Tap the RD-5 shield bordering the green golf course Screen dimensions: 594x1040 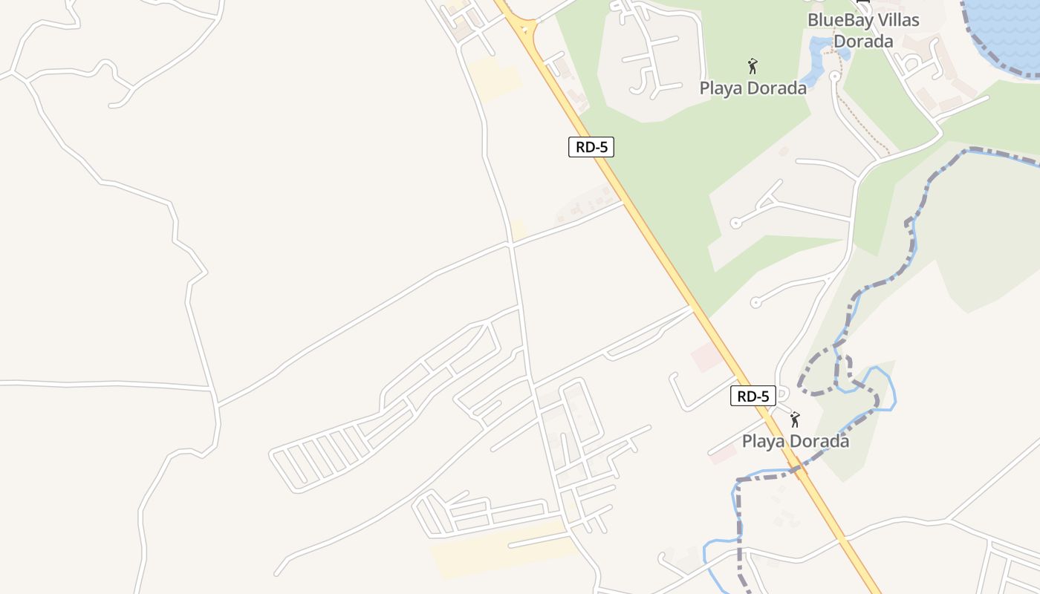(591, 147)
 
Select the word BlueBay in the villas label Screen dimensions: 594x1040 (841, 20)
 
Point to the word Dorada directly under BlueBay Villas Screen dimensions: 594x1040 (862, 41)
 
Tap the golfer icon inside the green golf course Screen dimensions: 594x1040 (753, 66)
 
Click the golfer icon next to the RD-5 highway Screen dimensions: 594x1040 (795, 420)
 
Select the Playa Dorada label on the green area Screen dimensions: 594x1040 (753, 88)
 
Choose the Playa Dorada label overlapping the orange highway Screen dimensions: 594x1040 (795, 441)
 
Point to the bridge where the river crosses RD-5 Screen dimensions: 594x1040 (796, 469)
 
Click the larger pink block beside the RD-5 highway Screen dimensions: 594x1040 (706, 357)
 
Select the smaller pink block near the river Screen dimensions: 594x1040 (723, 454)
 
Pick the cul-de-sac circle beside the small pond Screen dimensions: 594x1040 (834, 75)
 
